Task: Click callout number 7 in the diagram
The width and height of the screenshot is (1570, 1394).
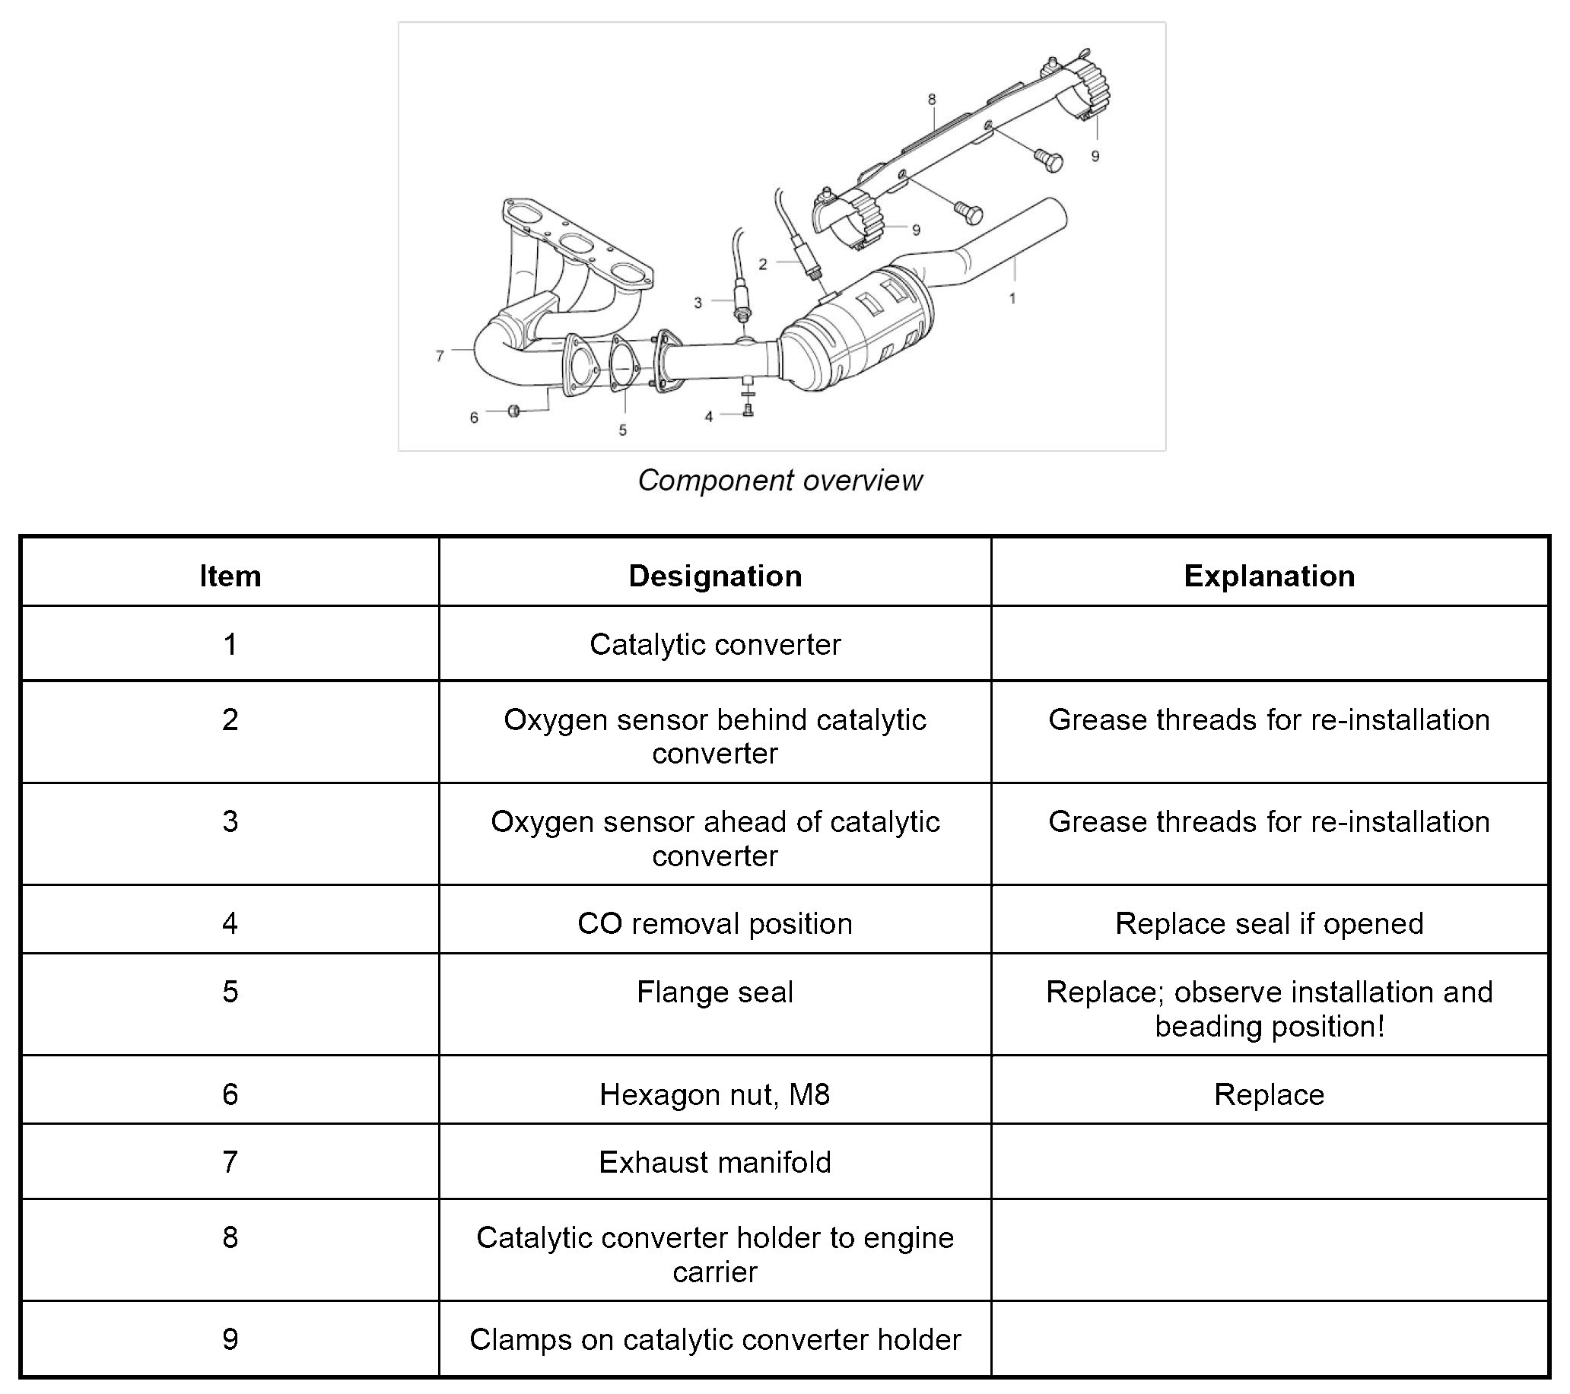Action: [x=440, y=357]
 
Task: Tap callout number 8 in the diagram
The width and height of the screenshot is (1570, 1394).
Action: [x=932, y=99]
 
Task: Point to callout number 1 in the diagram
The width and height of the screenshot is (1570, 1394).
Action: [x=1012, y=298]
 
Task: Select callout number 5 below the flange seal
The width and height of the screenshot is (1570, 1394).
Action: [x=622, y=431]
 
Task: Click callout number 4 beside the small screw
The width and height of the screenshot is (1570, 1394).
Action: [x=708, y=417]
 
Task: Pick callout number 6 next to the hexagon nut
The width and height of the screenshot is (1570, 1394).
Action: [x=474, y=418]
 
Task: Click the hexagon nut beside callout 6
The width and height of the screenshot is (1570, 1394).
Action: [x=514, y=411]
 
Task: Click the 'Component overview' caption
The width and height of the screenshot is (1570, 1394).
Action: [x=780, y=481]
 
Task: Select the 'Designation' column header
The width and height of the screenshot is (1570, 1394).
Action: [x=714, y=576]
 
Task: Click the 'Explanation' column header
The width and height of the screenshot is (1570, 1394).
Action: [x=1269, y=576]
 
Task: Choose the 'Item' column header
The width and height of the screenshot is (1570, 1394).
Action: [x=230, y=576]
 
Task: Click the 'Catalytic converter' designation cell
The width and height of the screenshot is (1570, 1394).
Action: [x=714, y=644]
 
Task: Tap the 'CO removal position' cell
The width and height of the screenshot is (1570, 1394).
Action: [x=714, y=923]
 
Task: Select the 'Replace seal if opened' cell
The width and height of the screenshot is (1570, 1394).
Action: [x=1269, y=923]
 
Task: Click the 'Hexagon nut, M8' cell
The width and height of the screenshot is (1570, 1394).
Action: [x=714, y=1094]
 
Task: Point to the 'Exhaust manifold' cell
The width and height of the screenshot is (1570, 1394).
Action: [x=714, y=1162]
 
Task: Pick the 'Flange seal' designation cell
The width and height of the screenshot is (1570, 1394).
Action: [x=714, y=992]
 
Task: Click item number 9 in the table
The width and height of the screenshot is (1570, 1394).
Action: [x=230, y=1339]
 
